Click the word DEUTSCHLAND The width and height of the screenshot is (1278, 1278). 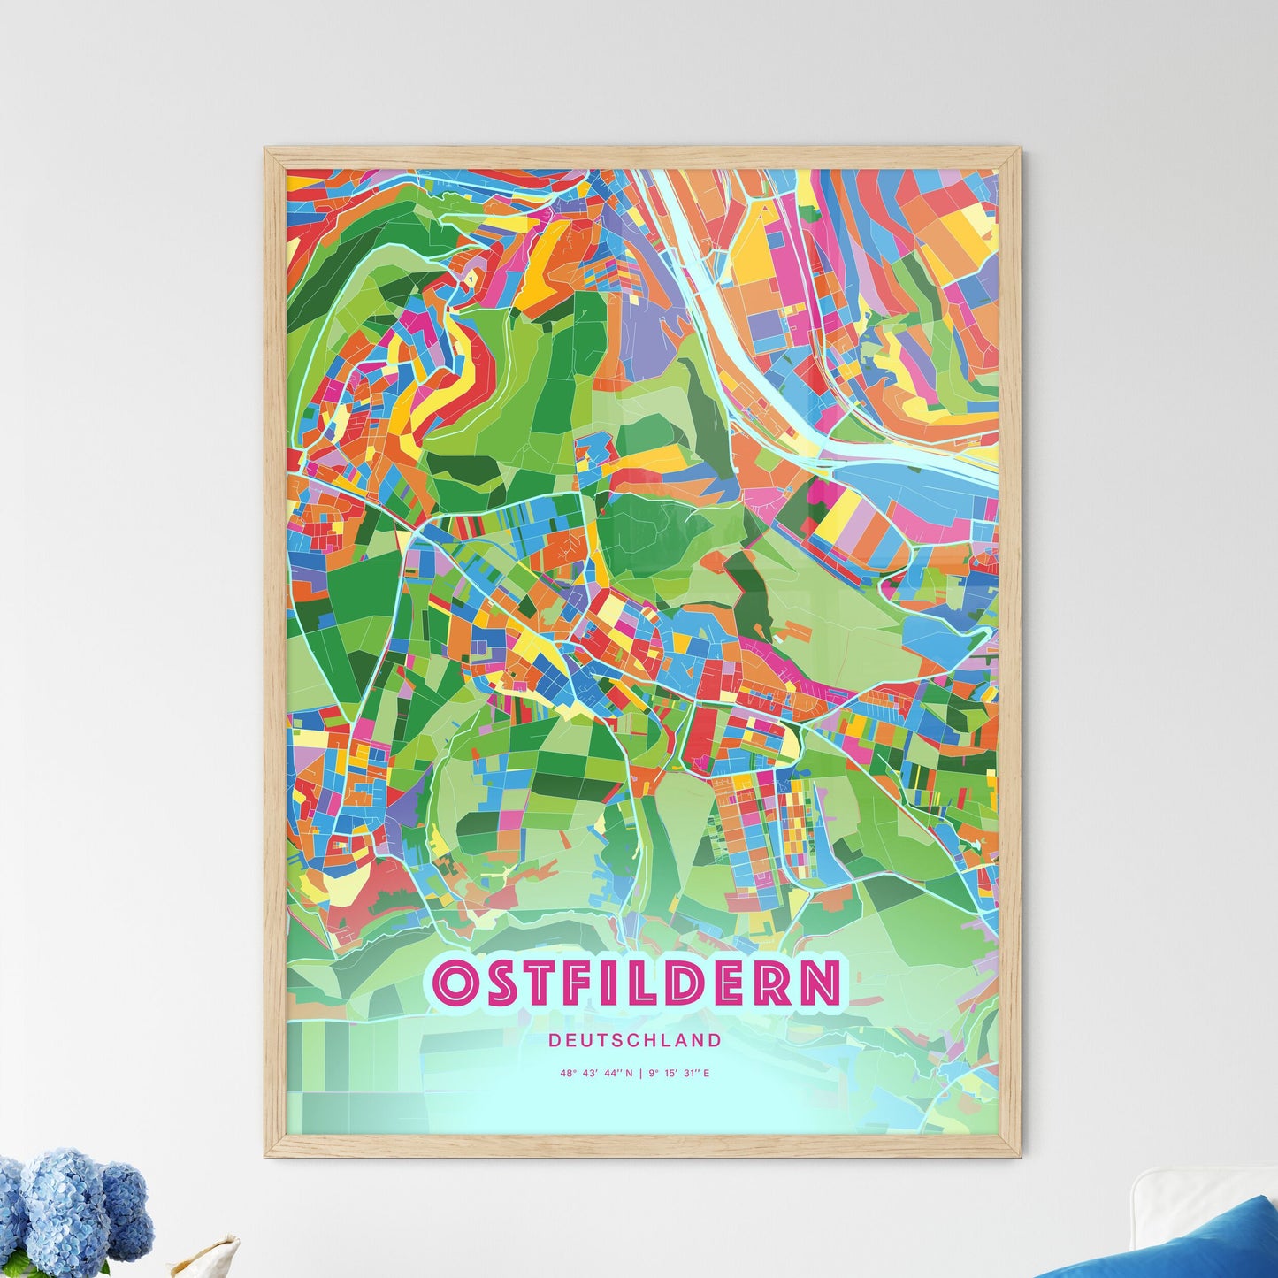634,1040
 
